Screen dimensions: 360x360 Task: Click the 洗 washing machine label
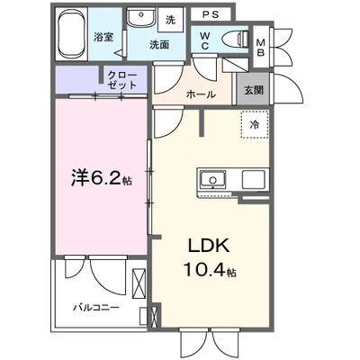[x=172, y=19]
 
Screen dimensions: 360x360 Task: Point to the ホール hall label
[x=200, y=92]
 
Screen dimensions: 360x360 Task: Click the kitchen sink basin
[x=214, y=180]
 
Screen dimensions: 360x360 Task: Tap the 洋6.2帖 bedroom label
[x=100, y=179]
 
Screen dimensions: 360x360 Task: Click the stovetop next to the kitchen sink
[x=253, y=180]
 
